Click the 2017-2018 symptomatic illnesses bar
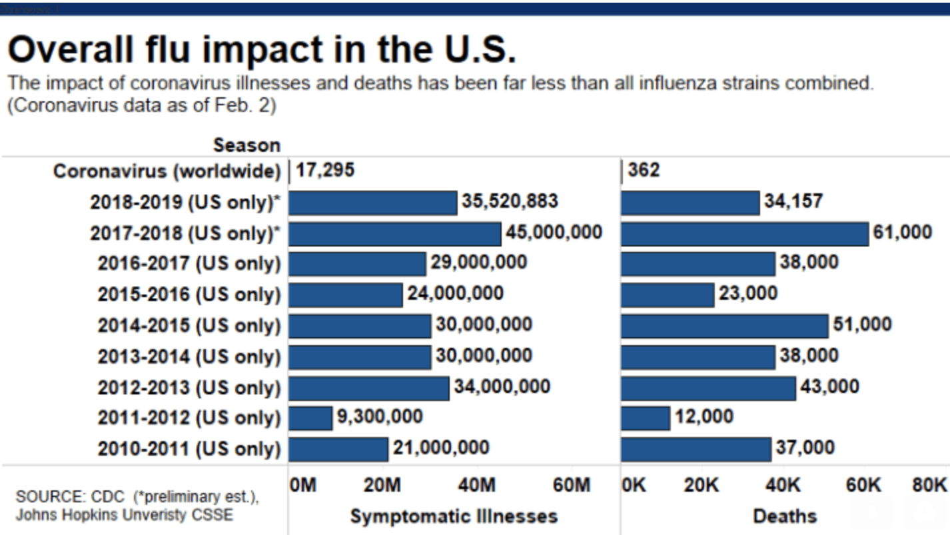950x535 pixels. [394, 233]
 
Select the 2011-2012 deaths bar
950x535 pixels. [645, 418]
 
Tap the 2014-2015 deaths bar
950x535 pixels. [724, 326]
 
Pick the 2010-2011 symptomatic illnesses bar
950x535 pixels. [338, 448]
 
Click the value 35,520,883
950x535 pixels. [510, 201]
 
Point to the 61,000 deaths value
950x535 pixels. [902, 232]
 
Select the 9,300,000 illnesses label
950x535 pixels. [379, 417]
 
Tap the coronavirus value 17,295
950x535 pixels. [324, 171]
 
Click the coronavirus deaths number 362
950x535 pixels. [644, 171]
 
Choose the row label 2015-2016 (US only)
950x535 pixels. [189, 294]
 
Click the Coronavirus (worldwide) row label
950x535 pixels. [167, 171]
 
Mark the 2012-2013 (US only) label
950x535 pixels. [189, 387]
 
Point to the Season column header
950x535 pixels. [246, 145]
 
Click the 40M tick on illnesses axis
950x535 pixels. [477, 486]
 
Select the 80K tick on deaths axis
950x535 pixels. [929, 486]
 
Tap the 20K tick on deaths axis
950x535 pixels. [701, 486]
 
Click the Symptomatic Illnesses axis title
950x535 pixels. [454, 516]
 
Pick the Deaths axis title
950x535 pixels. [784, 516]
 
